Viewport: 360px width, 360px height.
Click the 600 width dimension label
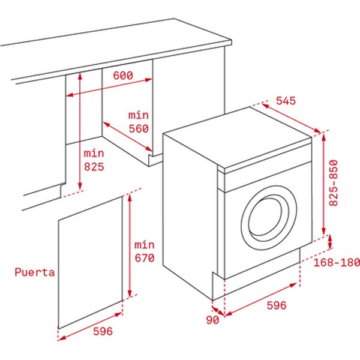click(x=123, y=76)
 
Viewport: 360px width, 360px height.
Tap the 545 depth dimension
click(x=286, y=101)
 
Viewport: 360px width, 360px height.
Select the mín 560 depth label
click(x=139, y=122)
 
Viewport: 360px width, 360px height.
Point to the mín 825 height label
click(x=94, y=160)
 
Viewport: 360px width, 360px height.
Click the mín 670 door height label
click(x=145, y=251)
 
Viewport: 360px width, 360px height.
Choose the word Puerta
click(x=35, y=272)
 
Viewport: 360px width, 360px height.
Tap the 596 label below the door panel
click(x=103, y=331)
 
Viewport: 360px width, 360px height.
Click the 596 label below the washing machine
click(x=277, y=305)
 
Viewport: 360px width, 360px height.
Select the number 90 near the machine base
click(x=212, y=320)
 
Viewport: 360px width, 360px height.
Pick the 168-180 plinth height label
click(x=337, y=262)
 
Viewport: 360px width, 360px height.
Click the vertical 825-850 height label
click(x=334, y=183)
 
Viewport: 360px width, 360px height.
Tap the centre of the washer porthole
click(x=269, y=218)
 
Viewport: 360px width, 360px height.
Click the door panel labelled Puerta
click(x=90, y=262)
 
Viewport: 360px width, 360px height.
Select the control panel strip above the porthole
click(x=268, y=177)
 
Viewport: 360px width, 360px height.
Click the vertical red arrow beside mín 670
click(x=130, y=245)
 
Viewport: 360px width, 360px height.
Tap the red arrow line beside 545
click(x=291, y=118)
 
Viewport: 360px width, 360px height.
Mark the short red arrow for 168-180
click(x=330, y=242)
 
